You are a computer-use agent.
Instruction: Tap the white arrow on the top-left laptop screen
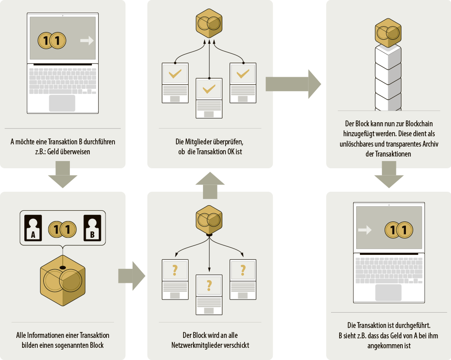tap(87, 41)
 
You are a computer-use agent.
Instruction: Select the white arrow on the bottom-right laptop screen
tap(364, 230)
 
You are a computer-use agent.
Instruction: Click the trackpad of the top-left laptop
tap(62, 103)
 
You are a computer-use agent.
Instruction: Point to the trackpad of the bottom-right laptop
tap(388, 292)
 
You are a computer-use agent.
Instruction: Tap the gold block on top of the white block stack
tap(388, 32)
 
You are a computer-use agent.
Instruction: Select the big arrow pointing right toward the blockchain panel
tap(293, 84)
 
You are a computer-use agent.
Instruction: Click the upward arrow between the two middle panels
tap(210, 185)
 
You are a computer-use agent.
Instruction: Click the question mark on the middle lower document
tap(209, 286)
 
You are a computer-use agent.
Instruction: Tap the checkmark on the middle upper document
tap(209, 89)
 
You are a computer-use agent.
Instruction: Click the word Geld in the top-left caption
tap(54, 152)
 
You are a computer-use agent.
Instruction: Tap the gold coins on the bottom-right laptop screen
tap(399, 230)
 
